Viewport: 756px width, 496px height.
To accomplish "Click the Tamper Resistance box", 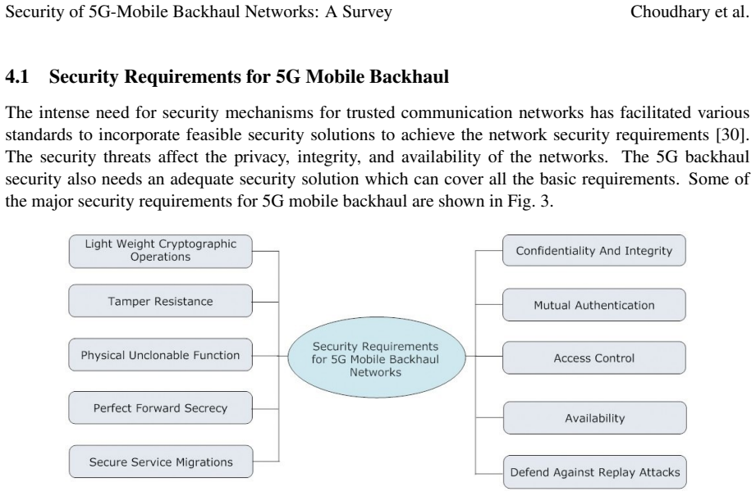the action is click(160, 301).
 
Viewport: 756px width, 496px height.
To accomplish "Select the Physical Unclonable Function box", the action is click(160, 355).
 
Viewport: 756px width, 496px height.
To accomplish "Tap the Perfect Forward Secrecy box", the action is click(160, 408).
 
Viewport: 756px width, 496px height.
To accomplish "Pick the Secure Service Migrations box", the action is click(161, 462).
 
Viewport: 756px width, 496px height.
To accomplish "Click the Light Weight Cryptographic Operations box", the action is click(161, 251).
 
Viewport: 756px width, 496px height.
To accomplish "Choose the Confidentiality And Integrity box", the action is click(594, 250).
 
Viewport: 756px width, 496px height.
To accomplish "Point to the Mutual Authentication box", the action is click(594, 305).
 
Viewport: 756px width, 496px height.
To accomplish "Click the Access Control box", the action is click(594, 357).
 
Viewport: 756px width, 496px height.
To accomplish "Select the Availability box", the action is click(595, 418).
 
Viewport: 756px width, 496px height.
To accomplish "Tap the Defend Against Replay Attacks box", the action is click(595, 472).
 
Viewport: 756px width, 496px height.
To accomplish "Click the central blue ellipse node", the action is click(377, 357).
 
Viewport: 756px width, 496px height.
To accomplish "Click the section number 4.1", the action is click(17, 76).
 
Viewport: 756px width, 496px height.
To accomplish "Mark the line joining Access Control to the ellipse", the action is click(484, 357).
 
